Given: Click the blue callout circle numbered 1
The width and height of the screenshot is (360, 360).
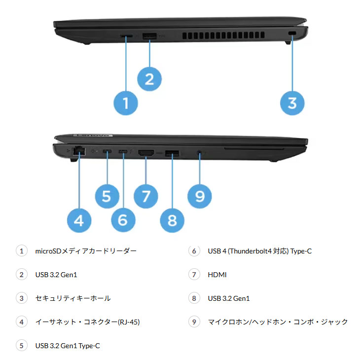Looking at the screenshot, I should tap(126, 103).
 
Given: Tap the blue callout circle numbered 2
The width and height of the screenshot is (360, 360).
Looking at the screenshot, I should tap(149, 78).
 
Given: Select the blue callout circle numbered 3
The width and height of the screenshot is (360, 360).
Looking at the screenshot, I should tap(292, 103).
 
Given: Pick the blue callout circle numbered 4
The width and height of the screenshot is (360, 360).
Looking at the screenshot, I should tap(79, 220).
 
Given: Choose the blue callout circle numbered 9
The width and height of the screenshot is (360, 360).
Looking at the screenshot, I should tap(199, 196).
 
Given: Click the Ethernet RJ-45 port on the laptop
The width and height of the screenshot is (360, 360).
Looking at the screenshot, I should tap(78, 152).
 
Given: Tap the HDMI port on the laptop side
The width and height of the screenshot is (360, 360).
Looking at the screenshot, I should tap(146, 153).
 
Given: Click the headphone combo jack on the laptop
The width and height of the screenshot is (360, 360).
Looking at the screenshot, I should tap(199, 153).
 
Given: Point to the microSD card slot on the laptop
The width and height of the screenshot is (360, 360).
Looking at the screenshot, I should tap(127, 36).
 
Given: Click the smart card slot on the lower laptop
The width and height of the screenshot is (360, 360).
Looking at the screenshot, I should tap(253, 148).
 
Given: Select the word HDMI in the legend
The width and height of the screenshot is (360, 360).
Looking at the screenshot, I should tap(217, 275).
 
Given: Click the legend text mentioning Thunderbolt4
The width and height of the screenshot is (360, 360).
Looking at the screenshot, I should tap(259, 251).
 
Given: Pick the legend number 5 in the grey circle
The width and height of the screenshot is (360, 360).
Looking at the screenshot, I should tap(21, 346).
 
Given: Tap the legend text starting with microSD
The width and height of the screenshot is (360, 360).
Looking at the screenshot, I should tap(86, 251).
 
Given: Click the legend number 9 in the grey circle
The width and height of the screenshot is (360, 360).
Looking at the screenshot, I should tap(194, 322).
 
